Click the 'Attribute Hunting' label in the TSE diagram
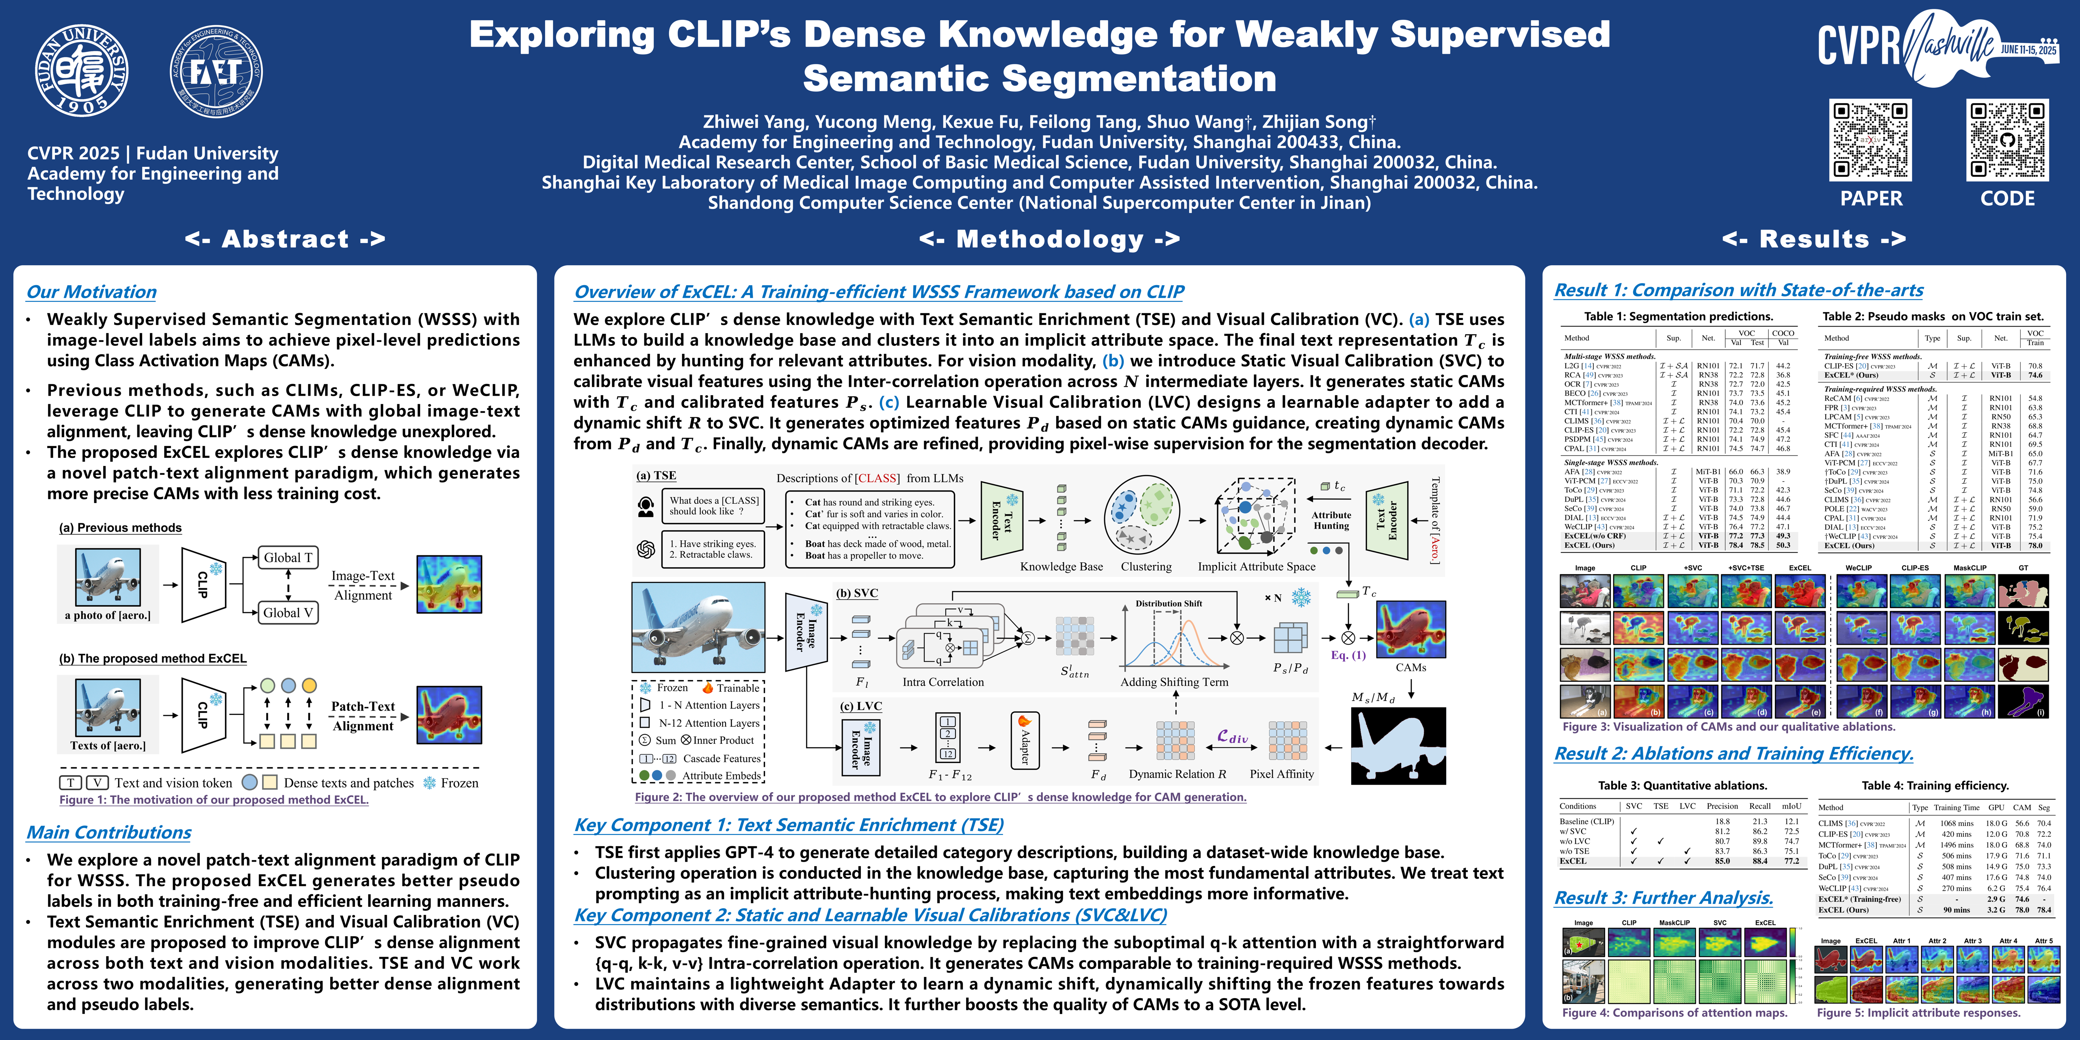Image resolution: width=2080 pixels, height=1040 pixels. [1331, 520]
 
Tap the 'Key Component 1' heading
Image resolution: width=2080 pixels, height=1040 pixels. [789, 824]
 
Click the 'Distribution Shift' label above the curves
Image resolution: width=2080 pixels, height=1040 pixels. [1168, 603]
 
